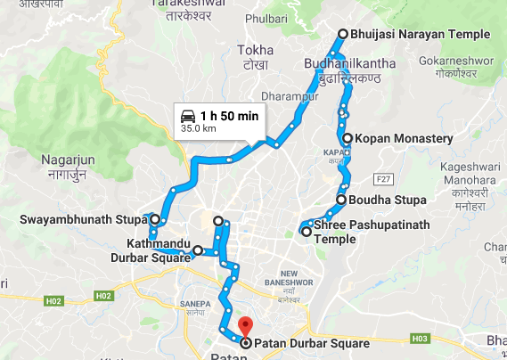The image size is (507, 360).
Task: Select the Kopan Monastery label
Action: point(404,139)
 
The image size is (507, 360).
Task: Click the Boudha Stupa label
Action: point(388,200)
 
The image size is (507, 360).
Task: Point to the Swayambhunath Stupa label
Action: point(83,218)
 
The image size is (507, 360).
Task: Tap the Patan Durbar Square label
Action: point(311,341)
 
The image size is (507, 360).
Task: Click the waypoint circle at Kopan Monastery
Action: point(347,139)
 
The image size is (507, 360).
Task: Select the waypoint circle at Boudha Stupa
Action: point(341,200)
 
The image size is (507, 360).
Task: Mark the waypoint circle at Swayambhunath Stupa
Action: point(155,218)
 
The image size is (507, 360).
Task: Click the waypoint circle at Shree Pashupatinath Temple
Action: point(307,232)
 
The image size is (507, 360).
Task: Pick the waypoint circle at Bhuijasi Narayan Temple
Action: point(342,35)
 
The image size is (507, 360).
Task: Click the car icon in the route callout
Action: point(188,116)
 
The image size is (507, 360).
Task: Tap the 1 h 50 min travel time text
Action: point(229,116)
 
